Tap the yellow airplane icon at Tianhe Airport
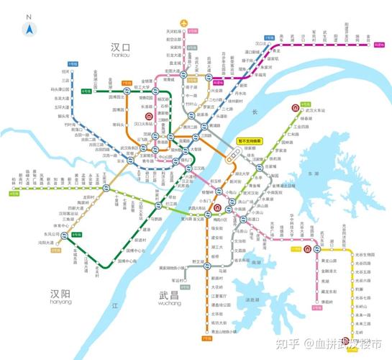pyautogui.click(x=186, y=22)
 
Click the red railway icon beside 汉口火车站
pyautogui.click(x=148, y=116)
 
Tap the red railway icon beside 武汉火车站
pyautogui.click(x=296, y=109)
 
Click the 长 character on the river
pyautogui.click(x=253, y=112)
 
